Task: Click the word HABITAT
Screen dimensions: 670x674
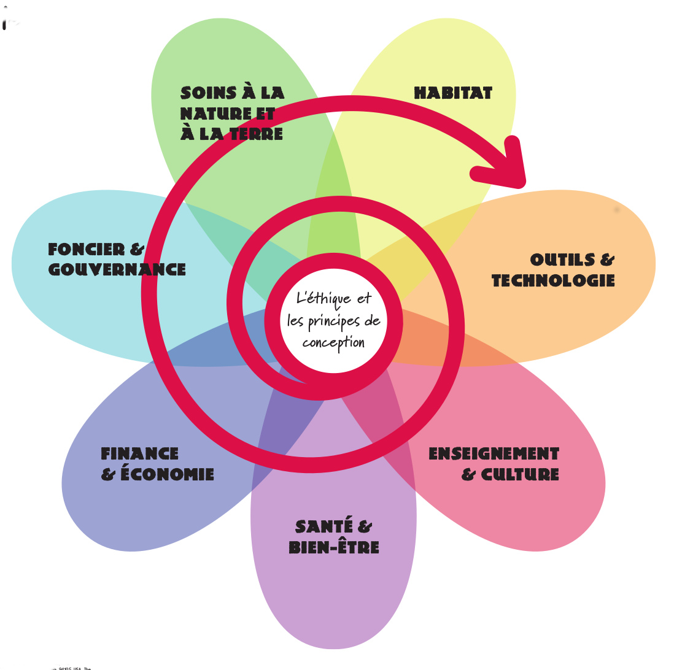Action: click(453, 93)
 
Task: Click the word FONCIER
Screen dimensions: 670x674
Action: click(87, 249)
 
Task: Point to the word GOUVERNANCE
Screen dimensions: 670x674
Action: click(117, 269)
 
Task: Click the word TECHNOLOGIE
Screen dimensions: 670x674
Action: click(553, 281)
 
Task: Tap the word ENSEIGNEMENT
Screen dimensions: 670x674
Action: click(494, 454)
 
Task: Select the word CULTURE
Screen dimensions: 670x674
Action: click(519, 474)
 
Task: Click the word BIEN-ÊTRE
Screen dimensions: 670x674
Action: click(333, 547)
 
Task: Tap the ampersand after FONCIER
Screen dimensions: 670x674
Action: click(137, 249)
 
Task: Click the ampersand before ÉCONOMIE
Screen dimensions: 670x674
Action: click(109, 474)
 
